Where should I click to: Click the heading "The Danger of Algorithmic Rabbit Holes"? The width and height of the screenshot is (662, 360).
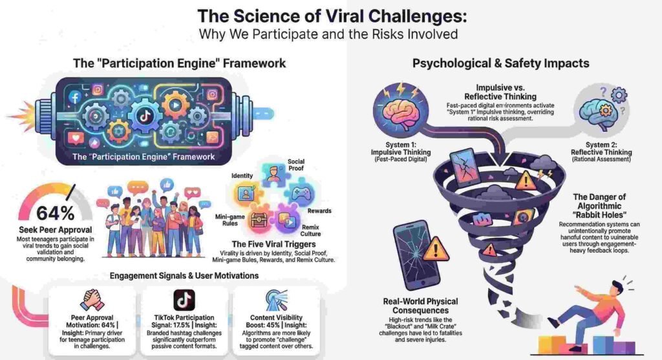coord(595,207)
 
